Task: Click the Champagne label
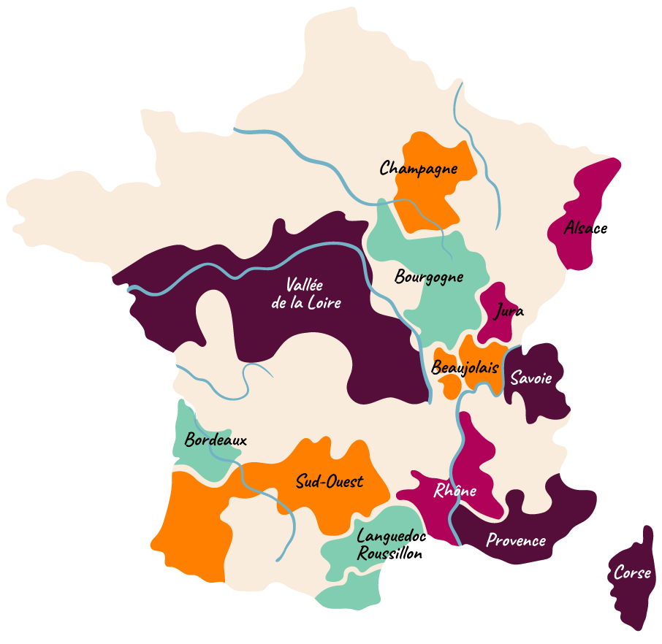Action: click(419, 169)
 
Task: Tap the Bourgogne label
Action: click(429, 277)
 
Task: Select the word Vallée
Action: click(305, 285)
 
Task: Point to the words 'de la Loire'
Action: click(306, 302)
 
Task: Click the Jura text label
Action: click(509, 312)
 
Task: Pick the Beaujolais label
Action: click(465, 367)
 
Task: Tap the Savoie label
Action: click(531, 378)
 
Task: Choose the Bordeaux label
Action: click(216, 440)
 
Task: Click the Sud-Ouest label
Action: click(330, 482)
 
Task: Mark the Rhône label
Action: click(455, 491)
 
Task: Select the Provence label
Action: click(516, 541)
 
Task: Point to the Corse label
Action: click(632, 574)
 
